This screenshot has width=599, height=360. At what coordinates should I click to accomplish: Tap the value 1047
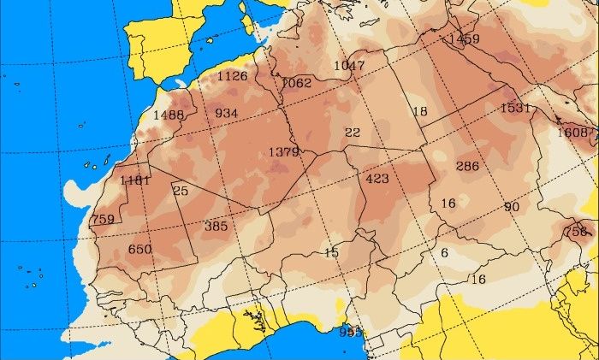[349, 66]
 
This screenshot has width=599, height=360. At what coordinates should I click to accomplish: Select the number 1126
[232, 76]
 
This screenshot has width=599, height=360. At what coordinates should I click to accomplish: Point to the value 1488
[169, 115]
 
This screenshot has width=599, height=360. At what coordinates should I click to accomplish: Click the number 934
[227, 113]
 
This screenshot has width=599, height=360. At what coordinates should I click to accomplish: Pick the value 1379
[284, 151]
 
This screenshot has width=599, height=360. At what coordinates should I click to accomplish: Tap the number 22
[353, 132]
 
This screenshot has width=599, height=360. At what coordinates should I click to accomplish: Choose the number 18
[419, 112]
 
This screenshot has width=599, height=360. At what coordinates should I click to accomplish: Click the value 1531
[516, 108]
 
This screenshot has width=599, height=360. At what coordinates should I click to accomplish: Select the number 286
[467, 166]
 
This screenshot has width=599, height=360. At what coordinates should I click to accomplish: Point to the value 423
[377, 179]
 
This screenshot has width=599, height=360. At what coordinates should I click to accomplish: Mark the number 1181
[135, 180]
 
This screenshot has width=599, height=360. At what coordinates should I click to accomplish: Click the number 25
[181, 190]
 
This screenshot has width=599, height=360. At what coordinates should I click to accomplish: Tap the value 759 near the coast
[103, 220]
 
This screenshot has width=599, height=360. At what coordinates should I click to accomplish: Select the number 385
[216, 226]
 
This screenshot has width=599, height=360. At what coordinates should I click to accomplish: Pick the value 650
[139, 249]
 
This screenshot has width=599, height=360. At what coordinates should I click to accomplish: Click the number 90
[512, 207]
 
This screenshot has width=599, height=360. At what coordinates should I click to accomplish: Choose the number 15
[331, 251]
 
